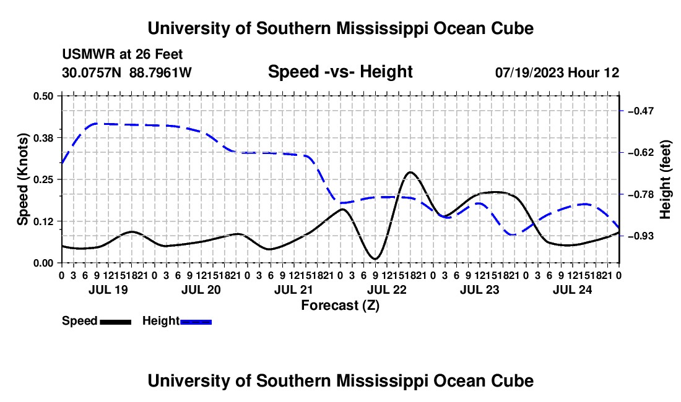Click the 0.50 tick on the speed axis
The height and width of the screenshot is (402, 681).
[x=43, y=96]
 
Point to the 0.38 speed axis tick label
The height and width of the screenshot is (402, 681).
[x=43, y=138]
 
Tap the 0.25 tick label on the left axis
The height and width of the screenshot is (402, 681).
[x=43, y=179]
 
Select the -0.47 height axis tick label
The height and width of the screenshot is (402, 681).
[x=641, y=111]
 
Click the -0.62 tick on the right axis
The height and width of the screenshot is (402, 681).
[x=641, y=153]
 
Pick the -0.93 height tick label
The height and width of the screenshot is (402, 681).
[x=641, y=236]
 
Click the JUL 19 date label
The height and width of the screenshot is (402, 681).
[x=108, y=289]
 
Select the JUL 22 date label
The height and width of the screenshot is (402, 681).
[x=386, y=289]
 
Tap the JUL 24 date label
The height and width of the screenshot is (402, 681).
[x=573, y=289]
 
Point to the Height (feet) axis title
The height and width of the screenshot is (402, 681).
[x=665, y=179]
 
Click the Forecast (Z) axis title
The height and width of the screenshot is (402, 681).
[x=340, y=306]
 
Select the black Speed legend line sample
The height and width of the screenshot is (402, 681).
[x=116, y=322]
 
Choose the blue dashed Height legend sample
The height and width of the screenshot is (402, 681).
[x=196, y=322]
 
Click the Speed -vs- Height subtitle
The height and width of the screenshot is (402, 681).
[x=340, y=72]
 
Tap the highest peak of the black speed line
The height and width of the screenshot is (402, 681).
[x=410, y=172]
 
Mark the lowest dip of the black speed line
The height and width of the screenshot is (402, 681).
[x=375, y=259]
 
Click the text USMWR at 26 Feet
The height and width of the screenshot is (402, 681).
[x=123, y=54]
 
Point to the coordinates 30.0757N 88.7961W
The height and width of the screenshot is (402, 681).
[x=127, y=72]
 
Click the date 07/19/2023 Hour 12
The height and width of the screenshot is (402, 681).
[x=557, y=72]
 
